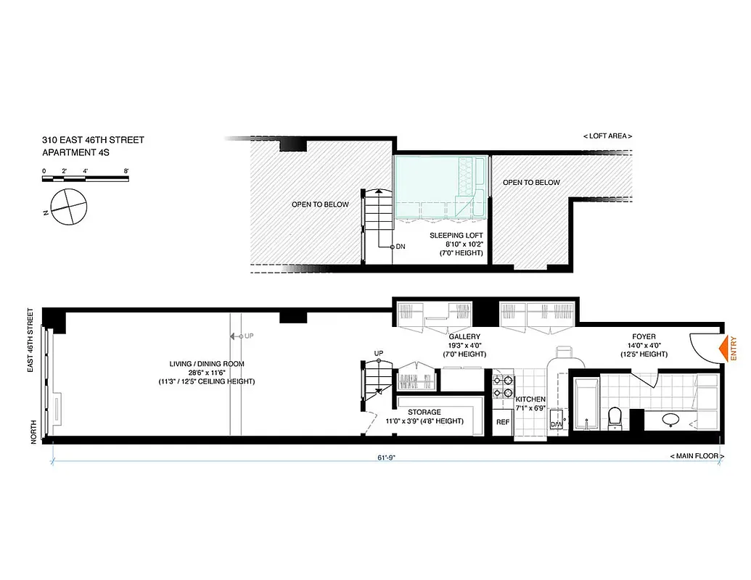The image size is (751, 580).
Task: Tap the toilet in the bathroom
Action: pos(616,417)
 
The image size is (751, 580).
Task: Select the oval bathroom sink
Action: pos(670,418)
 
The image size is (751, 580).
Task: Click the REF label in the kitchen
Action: pos(502,422)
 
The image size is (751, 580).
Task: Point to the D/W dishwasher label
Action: pos(557,424)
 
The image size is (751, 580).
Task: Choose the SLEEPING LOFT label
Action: pos(456,236)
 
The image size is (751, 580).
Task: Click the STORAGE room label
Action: pos(423,412)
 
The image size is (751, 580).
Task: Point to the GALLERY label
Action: pos(464,337)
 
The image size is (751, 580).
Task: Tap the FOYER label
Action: pos(643,337)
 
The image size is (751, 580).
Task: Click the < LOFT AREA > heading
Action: pos(607,136)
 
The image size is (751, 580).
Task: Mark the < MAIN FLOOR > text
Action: pos(694,456)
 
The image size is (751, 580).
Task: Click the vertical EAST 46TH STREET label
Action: pos(31,341)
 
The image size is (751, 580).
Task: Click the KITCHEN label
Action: pos(530,399)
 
